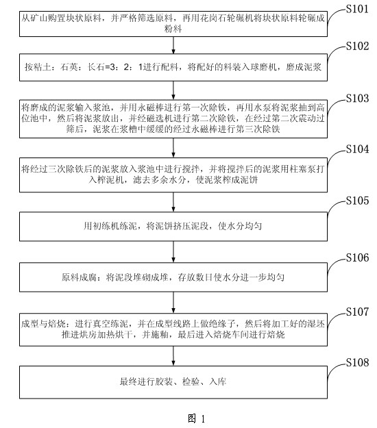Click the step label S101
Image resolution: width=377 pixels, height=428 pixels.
point(357,9)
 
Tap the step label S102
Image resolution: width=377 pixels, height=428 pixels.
point(357,46)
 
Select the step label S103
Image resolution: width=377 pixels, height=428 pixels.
point(357,98)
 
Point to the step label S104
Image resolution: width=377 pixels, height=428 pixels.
point(357,149)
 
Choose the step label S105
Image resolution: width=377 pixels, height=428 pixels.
point(357,201)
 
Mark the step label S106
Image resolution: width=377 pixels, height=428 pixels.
point(357,257)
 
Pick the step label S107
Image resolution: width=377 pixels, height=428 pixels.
point(357,312)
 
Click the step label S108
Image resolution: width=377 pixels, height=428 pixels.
point(357,362)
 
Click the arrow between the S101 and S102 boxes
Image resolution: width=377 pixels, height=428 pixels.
point(173,45)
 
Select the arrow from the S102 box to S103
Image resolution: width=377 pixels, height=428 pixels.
point(173,90)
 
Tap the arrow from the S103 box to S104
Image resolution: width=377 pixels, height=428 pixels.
point(173,148)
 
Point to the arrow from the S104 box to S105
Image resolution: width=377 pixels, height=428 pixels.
point(173,202)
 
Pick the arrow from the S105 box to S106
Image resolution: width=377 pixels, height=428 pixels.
point(173,252)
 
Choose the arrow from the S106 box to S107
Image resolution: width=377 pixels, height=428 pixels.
point(173,303)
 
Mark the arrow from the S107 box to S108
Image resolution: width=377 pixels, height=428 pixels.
point(173,356)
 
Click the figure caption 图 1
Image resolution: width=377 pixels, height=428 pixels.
point(196,418)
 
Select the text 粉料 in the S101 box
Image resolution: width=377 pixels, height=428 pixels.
point(173,29)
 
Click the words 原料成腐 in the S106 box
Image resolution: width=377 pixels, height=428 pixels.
point(79,277)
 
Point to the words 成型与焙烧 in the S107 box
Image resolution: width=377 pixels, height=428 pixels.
point(43,324)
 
